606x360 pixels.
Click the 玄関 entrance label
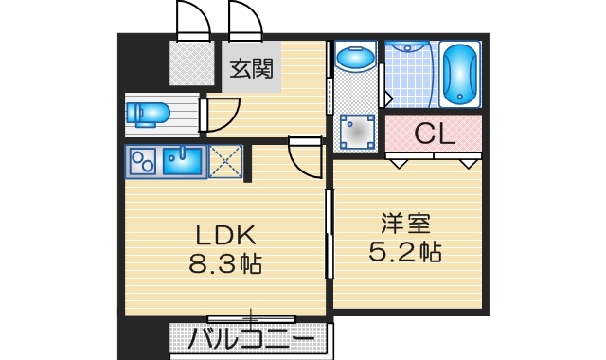pos(251,69)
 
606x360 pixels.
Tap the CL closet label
pos(435,135)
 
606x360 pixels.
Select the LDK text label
pos(227,235)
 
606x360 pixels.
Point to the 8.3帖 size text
pos(227,263)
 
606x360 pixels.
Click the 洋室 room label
pos(406,225)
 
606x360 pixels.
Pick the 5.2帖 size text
pos(406,252)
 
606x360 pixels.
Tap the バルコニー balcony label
pos(251,339)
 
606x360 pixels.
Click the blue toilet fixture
pos(148,114)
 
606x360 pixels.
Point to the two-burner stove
pos(143,162)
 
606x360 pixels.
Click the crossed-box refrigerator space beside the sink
pos(225,161)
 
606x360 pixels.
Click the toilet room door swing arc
pos(222,114)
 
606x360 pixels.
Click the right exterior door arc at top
pos(243,19)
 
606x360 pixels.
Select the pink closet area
pos(435,134)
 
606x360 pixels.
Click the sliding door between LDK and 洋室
pos(328,235)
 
